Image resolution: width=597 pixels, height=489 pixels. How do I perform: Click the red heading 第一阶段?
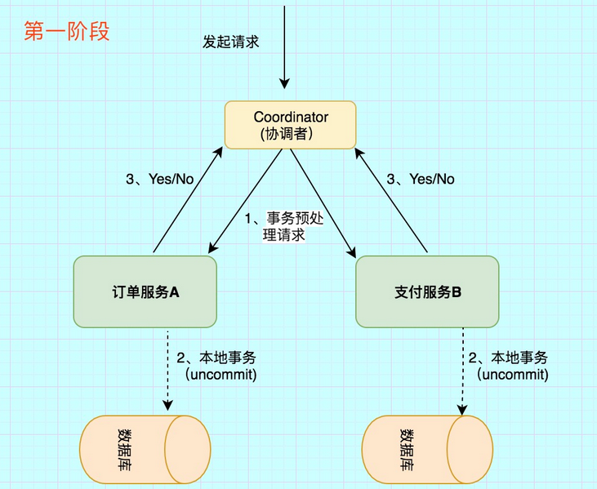[67, 33]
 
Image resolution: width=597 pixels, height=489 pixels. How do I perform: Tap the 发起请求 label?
[231, 42]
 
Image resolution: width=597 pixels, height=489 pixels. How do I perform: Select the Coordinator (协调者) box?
[291, 125]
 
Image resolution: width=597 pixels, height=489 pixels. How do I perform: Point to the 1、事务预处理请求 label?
[281, 226]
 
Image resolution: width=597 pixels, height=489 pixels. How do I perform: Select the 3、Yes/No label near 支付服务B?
[421, 179]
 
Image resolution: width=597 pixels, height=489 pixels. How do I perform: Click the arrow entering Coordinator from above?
[284, 49]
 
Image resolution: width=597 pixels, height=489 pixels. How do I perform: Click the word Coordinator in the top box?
[291, 118]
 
